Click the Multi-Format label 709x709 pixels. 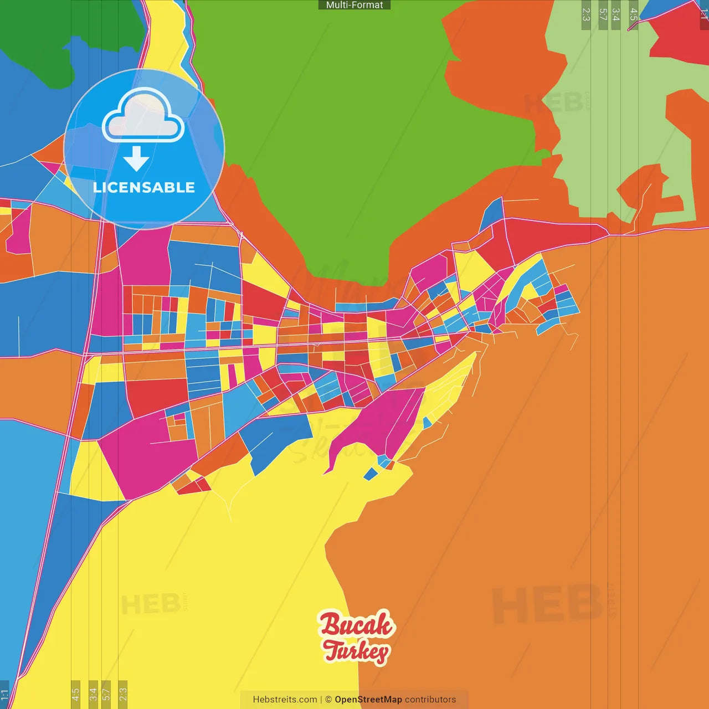coord(354,5)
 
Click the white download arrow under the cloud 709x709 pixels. coord(136,158)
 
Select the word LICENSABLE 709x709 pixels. coord(144,187)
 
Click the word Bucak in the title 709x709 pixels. coord(356,624)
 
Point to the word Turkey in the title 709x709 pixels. coord(356,651)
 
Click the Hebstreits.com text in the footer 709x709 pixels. coord(285,700)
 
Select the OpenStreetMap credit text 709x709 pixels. coord(368,700)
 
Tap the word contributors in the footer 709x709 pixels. coord(430,700)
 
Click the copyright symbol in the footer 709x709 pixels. coord(328,700)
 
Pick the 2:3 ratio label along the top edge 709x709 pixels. coord(586,14)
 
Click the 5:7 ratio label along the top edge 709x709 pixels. coord(603,14)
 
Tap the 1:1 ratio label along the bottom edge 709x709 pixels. coord(4,695)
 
